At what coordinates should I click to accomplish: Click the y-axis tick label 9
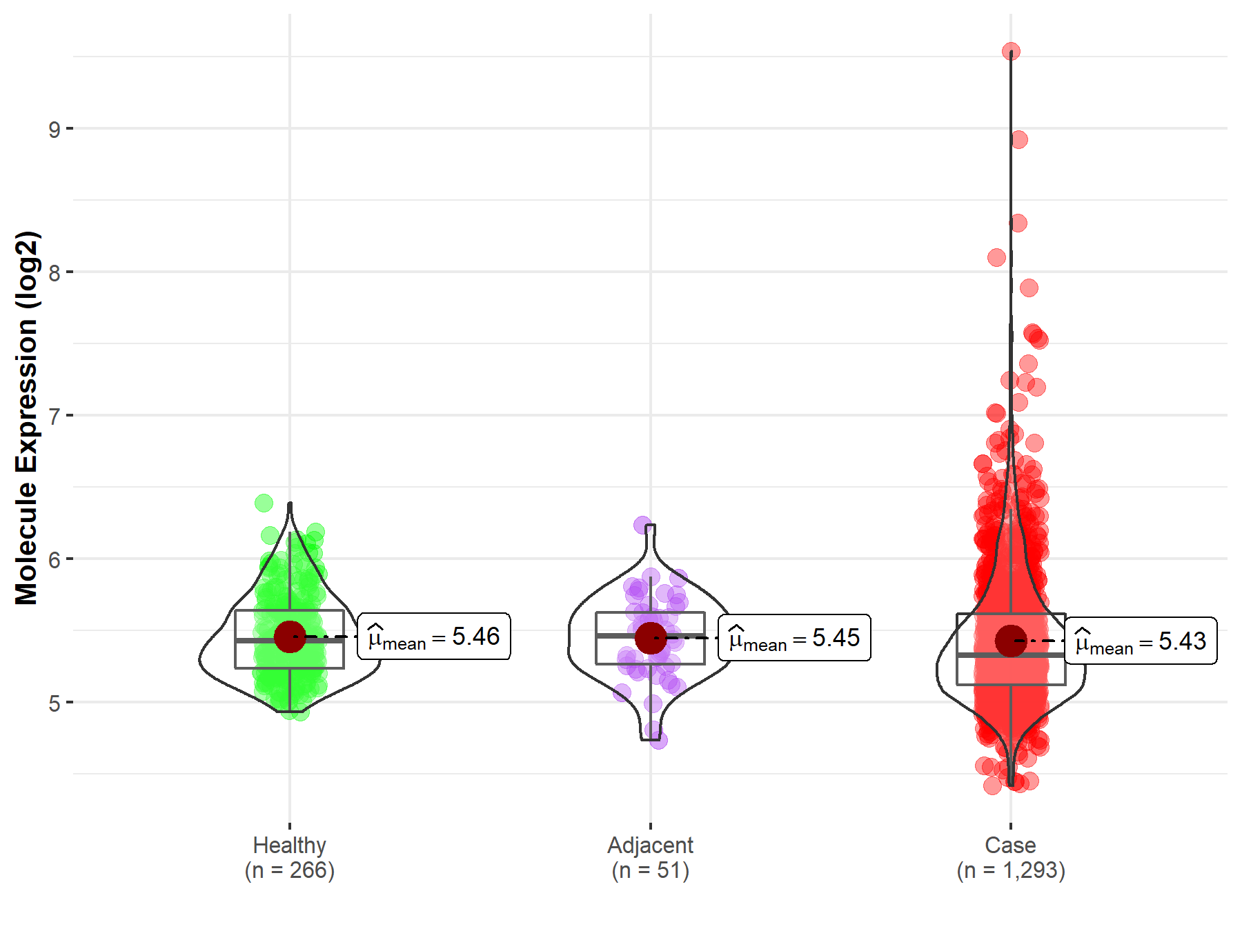click(54, 129)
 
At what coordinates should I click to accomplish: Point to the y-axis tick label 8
click(54, 272)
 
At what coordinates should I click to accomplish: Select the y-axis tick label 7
click(54, 416)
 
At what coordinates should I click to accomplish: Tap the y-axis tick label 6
click(54, 559)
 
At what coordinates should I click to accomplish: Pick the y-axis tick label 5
click(54, 703)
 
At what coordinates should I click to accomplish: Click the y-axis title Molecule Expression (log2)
click(26, 418)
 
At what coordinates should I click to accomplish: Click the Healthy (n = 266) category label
click(289, 857)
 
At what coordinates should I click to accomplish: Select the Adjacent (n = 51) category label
click(650, 857)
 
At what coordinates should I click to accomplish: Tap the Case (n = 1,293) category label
click(1011, 857)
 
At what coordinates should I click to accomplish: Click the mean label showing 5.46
click(434, 637)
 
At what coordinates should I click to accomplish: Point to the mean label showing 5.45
click(794, 638)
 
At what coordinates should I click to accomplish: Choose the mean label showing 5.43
click(1141, 641)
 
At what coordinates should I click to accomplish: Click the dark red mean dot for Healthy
click(290, 637)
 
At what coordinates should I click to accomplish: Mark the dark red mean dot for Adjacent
click(651, 638)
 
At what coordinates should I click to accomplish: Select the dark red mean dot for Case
click(1011, 641)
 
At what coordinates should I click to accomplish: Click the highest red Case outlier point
click(1011, 52)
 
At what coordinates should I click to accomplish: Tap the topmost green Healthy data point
click(264, 503)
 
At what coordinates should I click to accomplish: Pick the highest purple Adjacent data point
click(642, 525)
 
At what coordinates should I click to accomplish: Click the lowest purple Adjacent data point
click(658, 741)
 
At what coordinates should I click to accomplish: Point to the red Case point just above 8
click(996, 258)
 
